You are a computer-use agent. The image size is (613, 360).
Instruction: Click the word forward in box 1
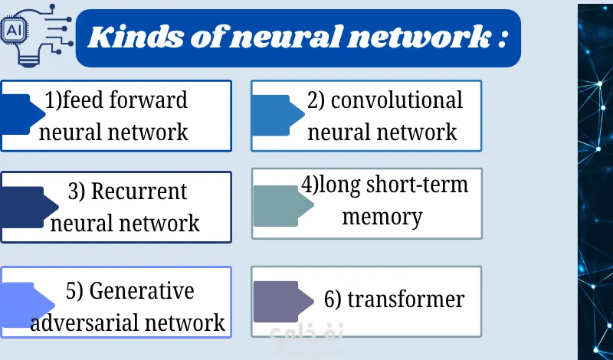click(x=152, y=100)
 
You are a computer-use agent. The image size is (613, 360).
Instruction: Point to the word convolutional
click(x=397, y=100)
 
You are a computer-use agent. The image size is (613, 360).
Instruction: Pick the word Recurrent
click(x=139, y=191)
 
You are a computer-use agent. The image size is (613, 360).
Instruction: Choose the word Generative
click(x=142, y=291)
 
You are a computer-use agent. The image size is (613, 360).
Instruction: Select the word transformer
click(x=405, y=299)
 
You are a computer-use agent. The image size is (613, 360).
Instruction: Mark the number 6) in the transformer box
click(x=333, y=299)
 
